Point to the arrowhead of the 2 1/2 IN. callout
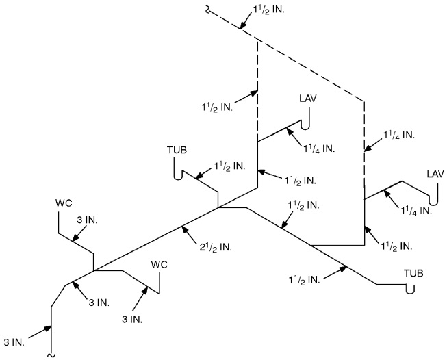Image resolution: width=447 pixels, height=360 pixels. coord(181,227)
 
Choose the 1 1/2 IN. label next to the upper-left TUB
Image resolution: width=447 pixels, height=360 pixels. coord(229,166)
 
